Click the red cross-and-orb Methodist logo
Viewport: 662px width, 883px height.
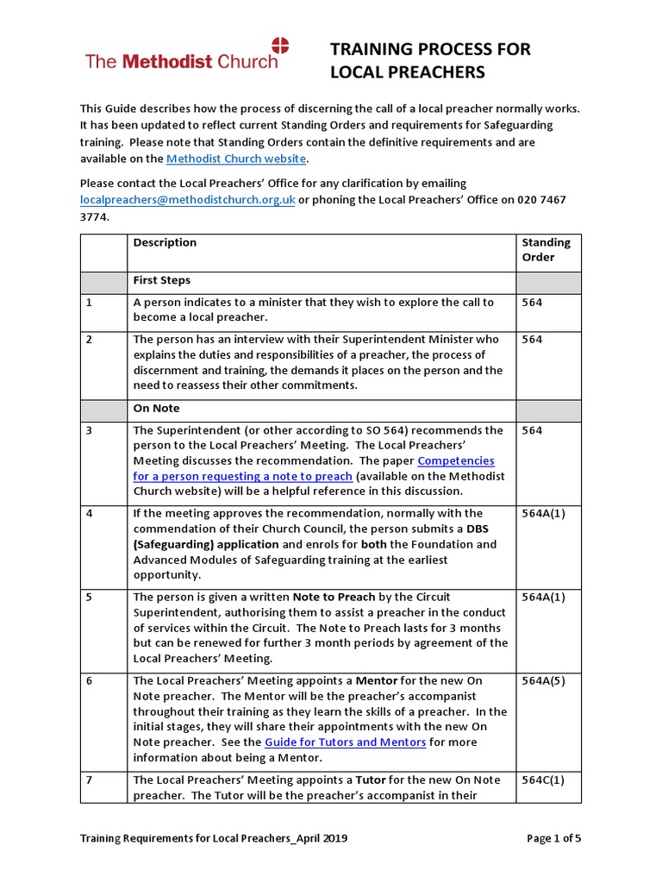tap(281, 47)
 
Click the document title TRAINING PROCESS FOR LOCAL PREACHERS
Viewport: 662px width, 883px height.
tap(430, 60)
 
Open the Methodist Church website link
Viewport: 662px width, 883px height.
tap(235, 159)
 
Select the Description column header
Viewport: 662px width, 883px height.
tap(165, 243)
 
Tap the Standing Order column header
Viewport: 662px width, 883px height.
tap(546, 250)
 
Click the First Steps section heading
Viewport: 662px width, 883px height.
tap(162, 281)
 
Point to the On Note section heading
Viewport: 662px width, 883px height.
tap(156, 409)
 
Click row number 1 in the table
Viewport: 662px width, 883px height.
tap(89, 303)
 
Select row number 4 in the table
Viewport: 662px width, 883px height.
tap(89, 513)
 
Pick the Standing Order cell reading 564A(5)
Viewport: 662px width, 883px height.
tap(545, 681)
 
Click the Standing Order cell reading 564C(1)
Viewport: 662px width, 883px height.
tap(545, 780)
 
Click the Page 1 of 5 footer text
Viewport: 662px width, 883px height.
tap(553, 838)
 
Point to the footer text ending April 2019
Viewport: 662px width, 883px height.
tap(214, 838)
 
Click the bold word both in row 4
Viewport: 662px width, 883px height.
tap(372, 544)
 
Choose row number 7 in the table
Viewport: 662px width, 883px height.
tap(89, 780)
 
